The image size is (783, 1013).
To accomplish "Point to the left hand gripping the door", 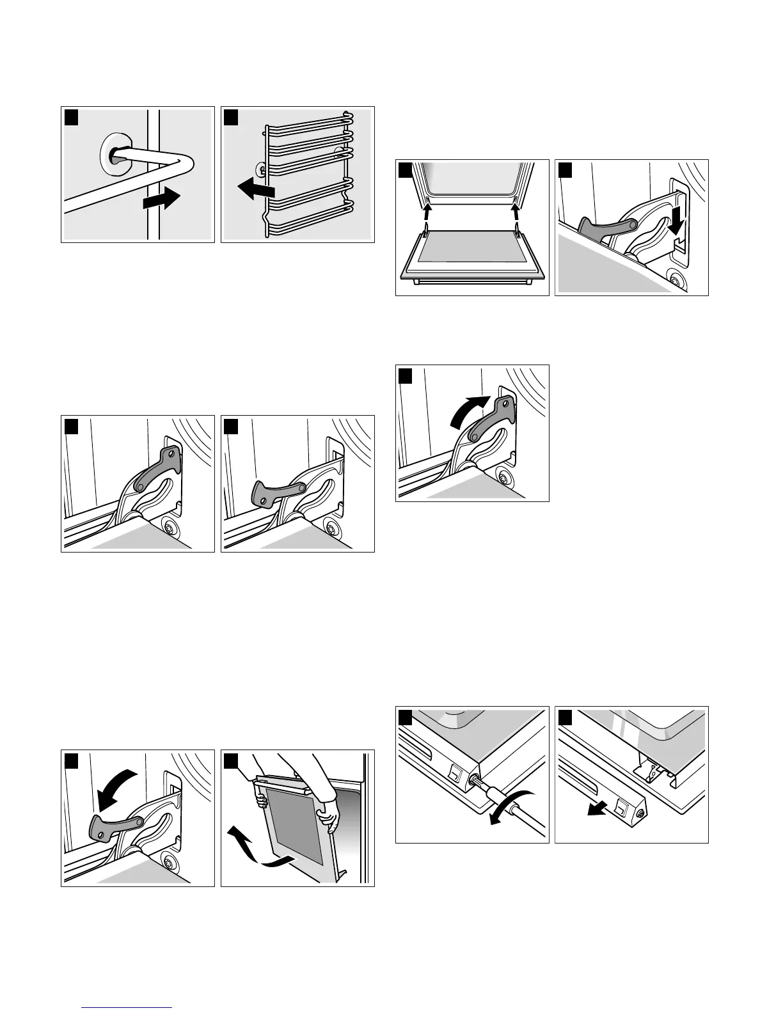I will [x=261, y=799].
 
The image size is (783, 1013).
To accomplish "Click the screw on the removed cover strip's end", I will [x=640, y=795].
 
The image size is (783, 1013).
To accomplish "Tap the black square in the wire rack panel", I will [x=230, y=117].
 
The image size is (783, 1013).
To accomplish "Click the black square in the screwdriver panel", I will [x=404, y=716].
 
